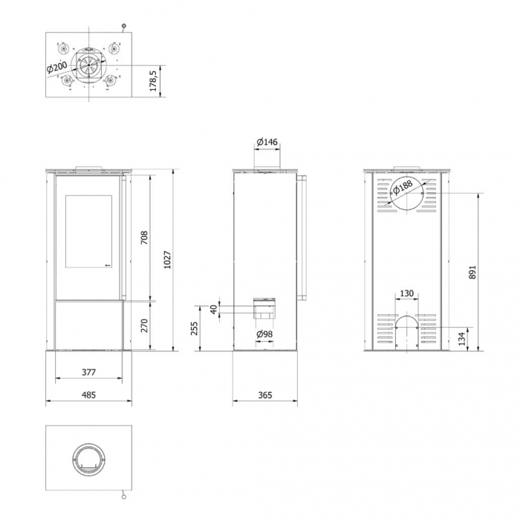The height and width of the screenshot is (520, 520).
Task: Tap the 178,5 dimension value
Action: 153,80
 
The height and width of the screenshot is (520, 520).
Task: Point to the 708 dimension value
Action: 146,237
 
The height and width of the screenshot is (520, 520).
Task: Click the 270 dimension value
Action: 146,325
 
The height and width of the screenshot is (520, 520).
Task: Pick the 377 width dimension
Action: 88,373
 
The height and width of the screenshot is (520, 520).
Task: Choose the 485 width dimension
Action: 88,395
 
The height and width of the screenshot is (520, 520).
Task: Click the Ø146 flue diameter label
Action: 267,142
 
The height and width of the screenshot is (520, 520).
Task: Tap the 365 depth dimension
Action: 265,395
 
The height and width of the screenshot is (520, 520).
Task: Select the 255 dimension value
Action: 195,328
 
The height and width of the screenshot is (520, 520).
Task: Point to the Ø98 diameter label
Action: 265,334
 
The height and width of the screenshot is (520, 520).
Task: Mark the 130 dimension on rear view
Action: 406,293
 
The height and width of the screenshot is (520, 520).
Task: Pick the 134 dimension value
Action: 462,339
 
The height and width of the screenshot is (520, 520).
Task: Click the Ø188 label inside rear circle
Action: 404,188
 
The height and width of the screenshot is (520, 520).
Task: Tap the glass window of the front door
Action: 88,230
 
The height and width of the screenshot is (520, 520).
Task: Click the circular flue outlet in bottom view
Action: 89,461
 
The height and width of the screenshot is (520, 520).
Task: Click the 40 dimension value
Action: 215,309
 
